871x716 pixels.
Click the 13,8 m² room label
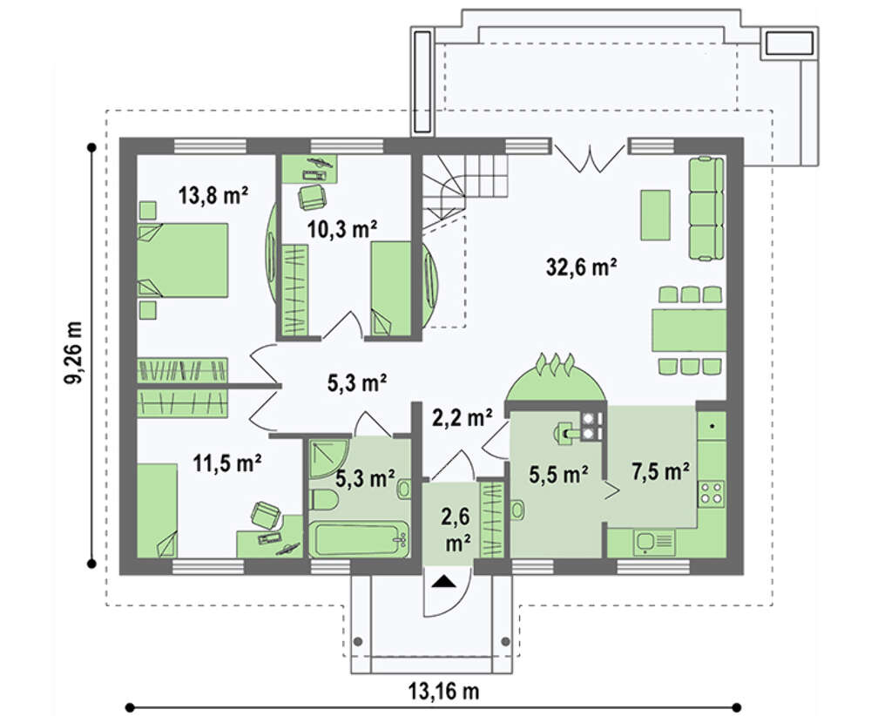213,195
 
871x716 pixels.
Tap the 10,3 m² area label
342,229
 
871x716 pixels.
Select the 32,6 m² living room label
582,267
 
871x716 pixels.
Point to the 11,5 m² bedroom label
227,463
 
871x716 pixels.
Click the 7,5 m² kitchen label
661,472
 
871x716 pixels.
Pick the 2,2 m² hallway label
462,417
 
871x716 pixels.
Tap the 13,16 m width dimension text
444,692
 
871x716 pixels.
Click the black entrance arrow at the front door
444,581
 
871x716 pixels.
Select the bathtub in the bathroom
359,539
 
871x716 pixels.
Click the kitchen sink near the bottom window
655,541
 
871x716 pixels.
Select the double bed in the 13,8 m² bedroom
182,260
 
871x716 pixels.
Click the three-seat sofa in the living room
706,209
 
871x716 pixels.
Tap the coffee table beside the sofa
656,215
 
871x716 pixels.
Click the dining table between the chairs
689,330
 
